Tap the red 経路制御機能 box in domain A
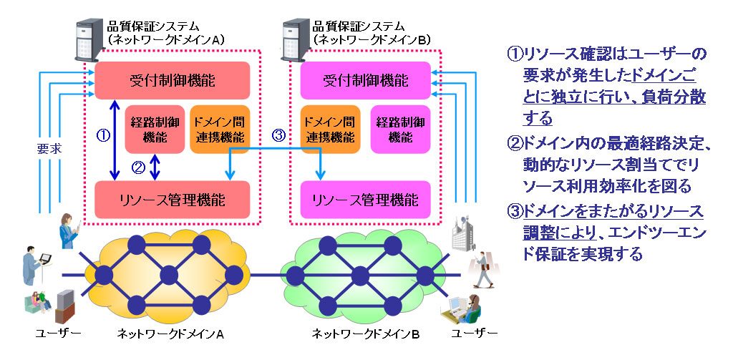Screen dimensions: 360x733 coord(154,130)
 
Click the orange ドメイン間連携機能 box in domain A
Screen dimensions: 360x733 coord(219,130)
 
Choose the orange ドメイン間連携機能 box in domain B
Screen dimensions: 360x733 coord(329,130)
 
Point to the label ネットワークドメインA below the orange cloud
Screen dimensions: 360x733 coord(171,334)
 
